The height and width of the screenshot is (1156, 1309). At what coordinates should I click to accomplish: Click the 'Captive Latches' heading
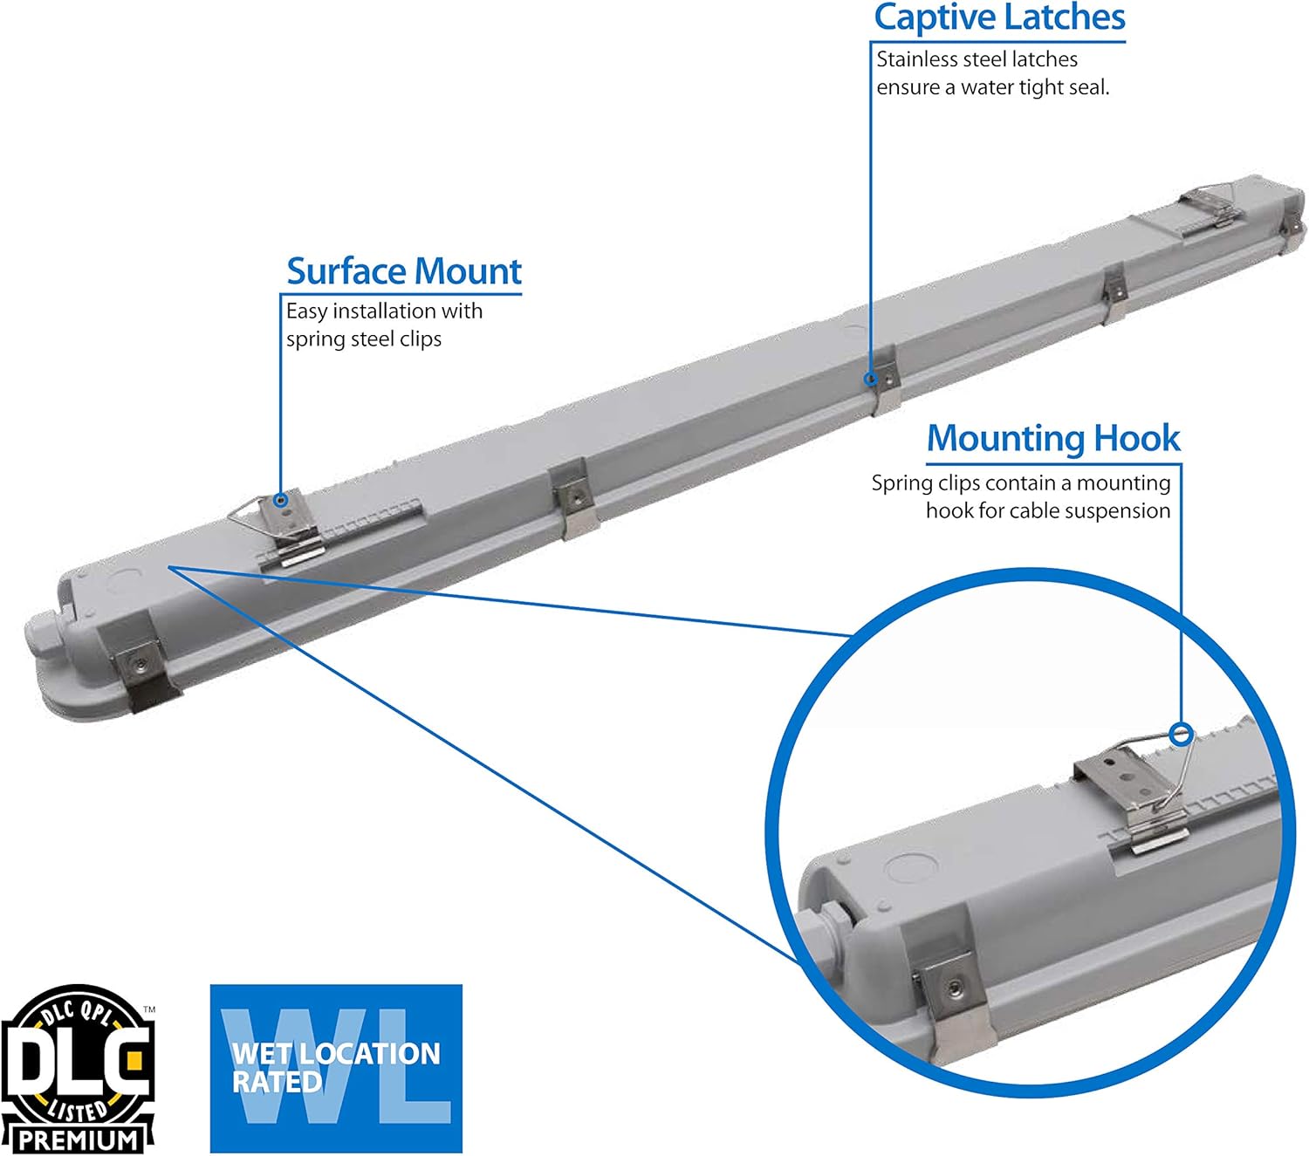click(x=999, y=18)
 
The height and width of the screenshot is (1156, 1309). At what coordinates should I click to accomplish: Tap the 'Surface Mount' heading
click(x=404, y=271)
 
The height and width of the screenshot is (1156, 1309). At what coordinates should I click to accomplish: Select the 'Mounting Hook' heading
click(x=1053, y=438)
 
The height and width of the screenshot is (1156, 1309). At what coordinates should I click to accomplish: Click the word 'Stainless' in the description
click(x=917, y=59)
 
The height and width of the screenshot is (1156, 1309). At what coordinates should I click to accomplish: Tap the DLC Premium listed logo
click(x=79, y=1069)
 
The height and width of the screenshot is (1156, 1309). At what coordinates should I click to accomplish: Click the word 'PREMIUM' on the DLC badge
click(x=79, y=1139)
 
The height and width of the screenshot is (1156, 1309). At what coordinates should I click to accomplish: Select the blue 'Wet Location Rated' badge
click(x=336, y=1069)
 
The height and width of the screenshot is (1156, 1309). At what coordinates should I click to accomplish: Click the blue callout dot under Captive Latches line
click(x=870, y=379)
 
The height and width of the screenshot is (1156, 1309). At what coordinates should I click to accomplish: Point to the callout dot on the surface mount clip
click(x=281, y=501)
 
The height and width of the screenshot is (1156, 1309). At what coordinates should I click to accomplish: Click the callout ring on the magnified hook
click(x=1182, y=734)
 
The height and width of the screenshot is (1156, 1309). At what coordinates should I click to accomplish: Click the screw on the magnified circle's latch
click(x=952, y=988)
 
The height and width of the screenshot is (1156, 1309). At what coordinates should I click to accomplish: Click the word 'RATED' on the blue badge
click(x=277, y=1083)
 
